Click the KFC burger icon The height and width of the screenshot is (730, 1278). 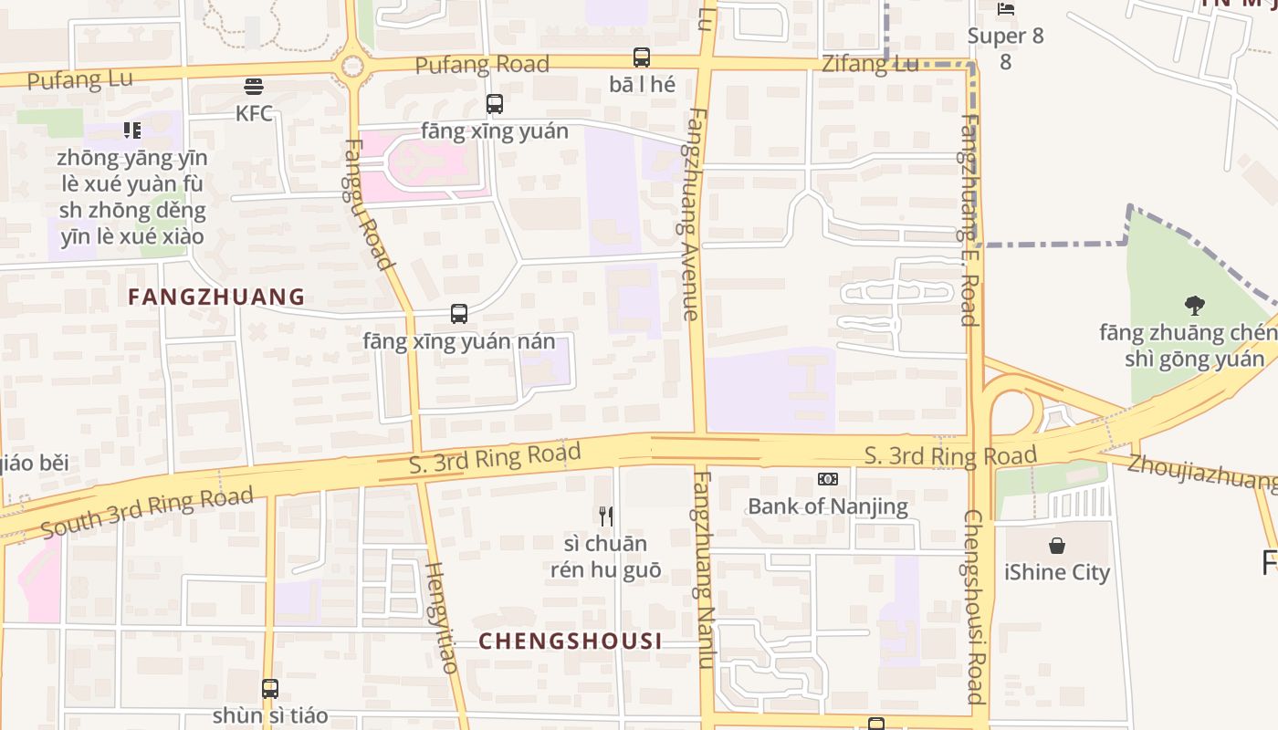point(254,87)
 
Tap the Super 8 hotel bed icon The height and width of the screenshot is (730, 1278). point(1006,9)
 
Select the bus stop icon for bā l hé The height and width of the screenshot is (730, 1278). point(642,57)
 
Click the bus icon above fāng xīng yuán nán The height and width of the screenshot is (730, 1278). point(459,314)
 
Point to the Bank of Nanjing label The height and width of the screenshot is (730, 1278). point(828,506)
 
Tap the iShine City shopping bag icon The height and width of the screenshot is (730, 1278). point(1057,546)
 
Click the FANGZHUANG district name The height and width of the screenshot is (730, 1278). point(216,297)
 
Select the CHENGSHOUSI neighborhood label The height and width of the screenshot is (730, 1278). point(571,641)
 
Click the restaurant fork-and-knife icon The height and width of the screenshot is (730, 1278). point(605,516)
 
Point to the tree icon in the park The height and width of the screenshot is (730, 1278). point(1194,305)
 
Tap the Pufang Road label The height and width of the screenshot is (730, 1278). point(482,65)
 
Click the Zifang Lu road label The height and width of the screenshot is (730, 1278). point(870,64)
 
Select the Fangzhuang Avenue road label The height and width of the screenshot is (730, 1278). point(693,214)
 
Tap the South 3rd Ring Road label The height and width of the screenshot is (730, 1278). point(146,513)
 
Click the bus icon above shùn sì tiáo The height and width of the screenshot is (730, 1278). point(270,689)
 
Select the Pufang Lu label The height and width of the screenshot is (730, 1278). point(80,79)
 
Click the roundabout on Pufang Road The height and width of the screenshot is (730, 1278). point(351,66)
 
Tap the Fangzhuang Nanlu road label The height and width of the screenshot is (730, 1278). point(703,570)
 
